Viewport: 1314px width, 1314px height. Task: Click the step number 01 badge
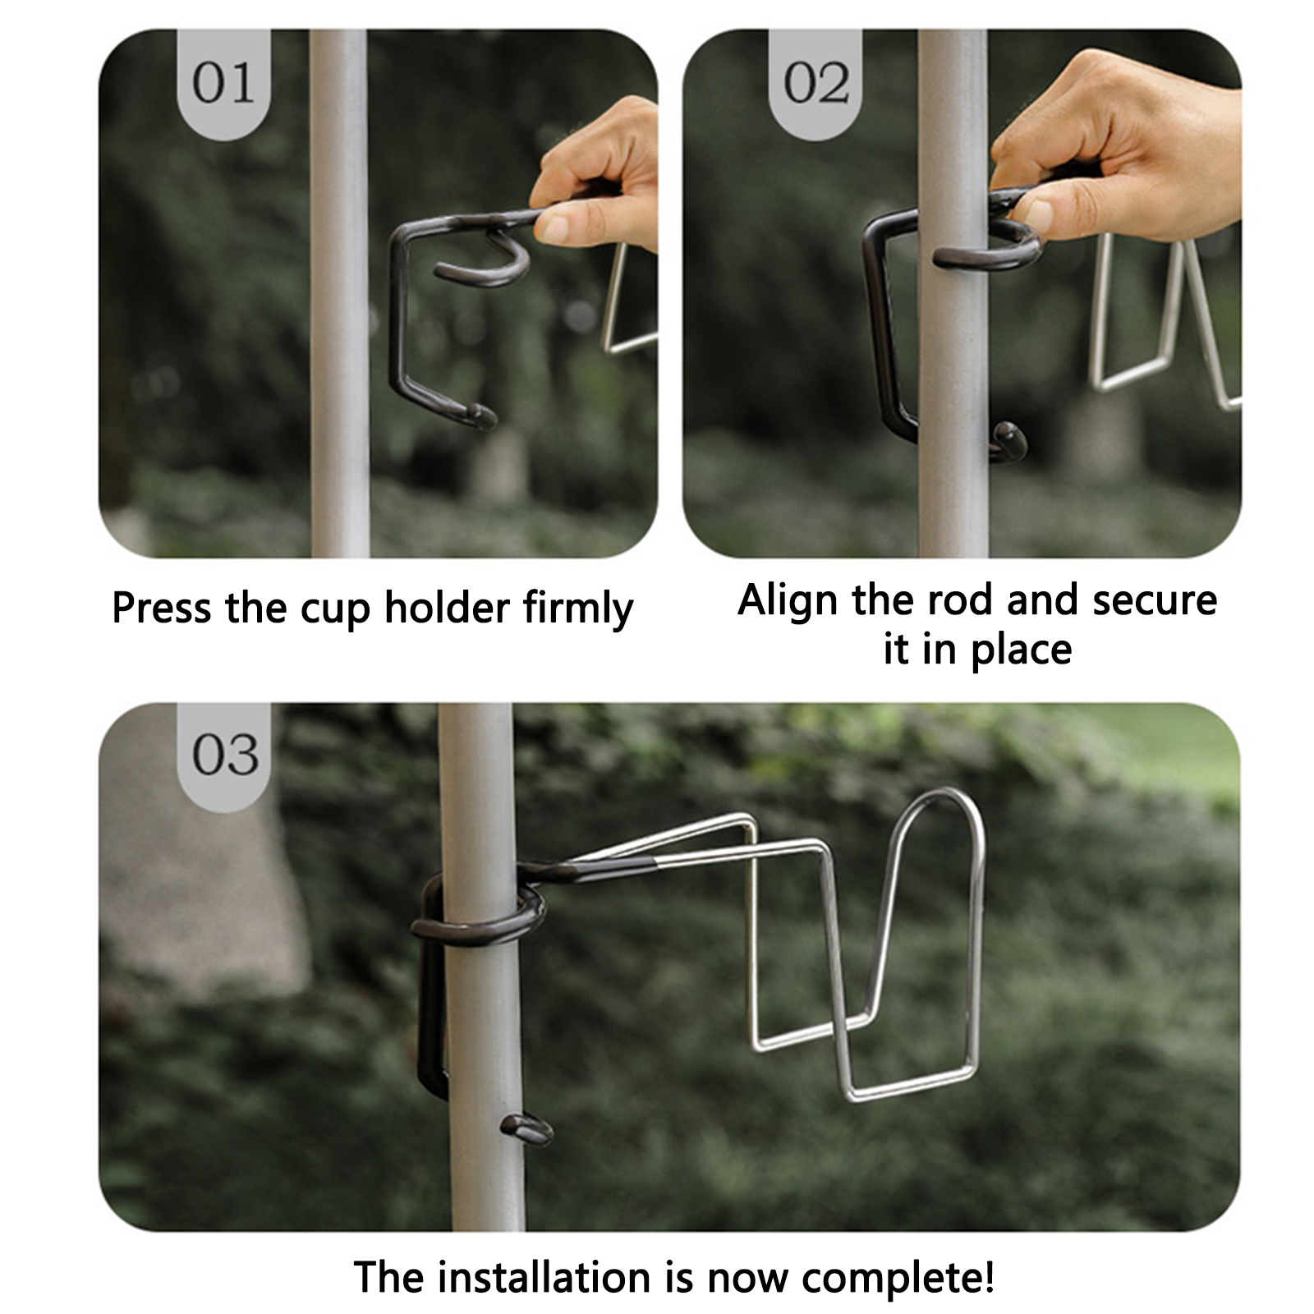pyautogui.click(x=223, y=84)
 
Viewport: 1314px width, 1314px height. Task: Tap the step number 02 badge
pyautogui.click(x=816, y=84)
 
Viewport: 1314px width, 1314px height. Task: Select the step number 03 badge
pyautogui.click(x=224, y=756)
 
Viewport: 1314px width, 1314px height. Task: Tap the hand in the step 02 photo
pyautogui.click(x=1117, y=148)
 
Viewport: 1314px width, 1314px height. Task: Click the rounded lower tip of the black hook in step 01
pyautogui.click(x=480, y=416)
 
